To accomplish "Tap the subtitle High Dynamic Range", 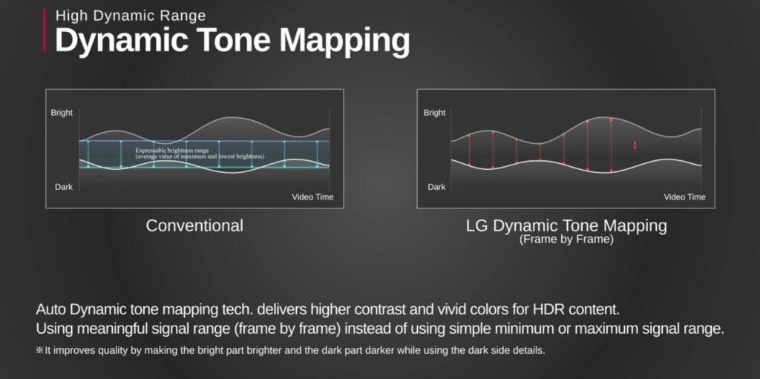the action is click(131, 16).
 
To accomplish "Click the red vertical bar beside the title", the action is click(45, 30).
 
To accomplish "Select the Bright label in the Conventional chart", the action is click(62, 113).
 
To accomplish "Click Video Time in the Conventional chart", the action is click(312, 197).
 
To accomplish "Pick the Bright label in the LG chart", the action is click(434, 113).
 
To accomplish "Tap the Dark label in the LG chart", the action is click(436, 187).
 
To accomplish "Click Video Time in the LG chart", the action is click(685, 197).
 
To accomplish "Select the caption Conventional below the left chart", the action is click(194, 225).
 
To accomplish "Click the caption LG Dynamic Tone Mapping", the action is click(566, 225).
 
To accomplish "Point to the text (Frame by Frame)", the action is click(566, 240).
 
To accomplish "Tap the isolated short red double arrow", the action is click(635, 145).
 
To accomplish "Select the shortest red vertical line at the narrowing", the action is click(540, 151).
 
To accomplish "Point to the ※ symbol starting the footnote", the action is click(40, 350).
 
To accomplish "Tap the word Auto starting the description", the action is click(52, 309).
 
